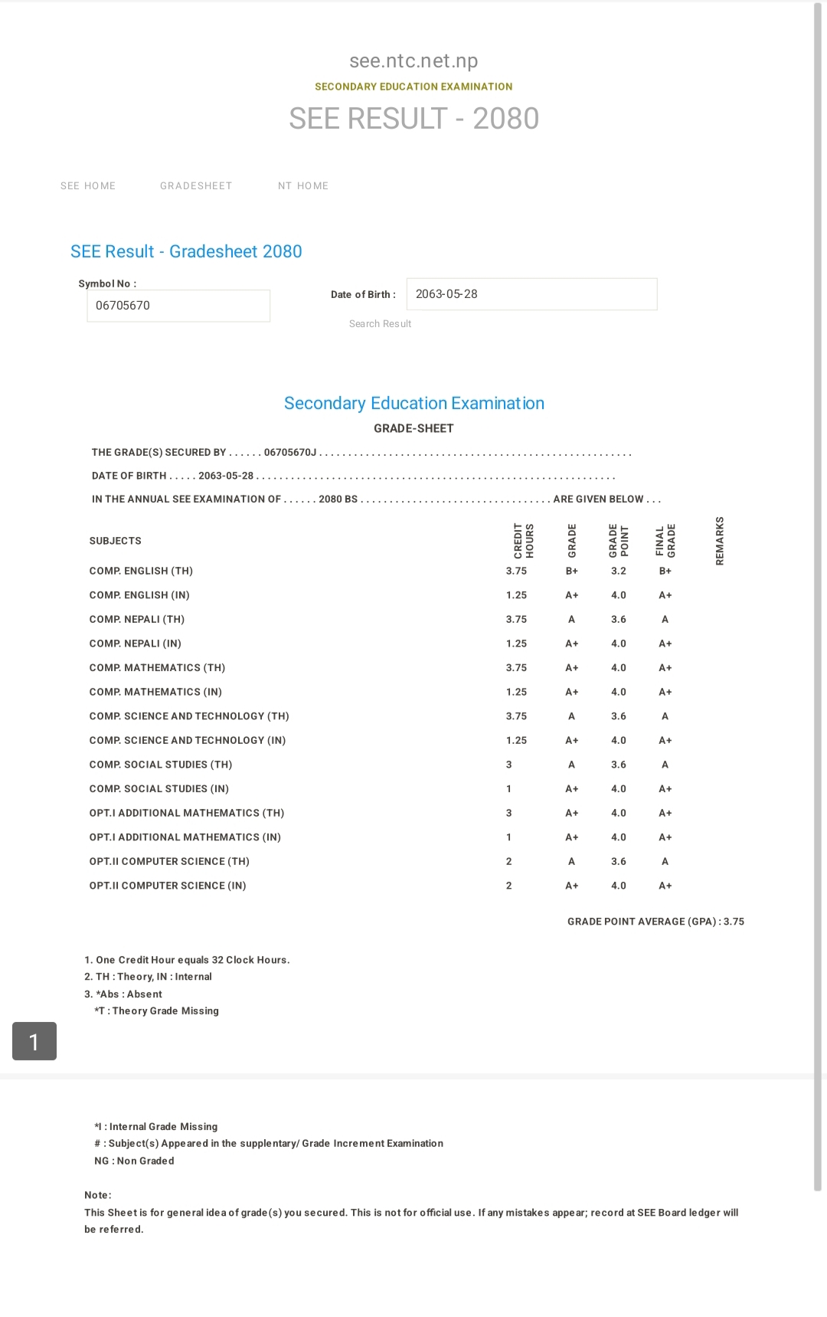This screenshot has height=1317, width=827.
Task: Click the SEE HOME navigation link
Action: click(88, 186)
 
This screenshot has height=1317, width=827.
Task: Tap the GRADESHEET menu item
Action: click(196, 186)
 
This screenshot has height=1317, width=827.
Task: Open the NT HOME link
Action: click(303, 186)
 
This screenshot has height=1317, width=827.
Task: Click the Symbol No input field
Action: click(178, 306)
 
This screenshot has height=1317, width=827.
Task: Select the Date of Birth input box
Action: click(531, 294)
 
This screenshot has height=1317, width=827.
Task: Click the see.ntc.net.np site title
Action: click(413, 61)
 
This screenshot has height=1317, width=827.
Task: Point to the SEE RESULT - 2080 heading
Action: click(413, 119)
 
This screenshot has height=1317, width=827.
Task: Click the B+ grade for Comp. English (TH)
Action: click(572, 571)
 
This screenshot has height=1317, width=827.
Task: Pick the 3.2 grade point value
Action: click(619, 571)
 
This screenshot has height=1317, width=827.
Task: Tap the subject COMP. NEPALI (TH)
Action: click(137, 619)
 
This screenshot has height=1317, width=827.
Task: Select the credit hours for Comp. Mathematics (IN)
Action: click(516, 692)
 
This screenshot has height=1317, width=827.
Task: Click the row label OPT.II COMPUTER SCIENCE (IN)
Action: click(168, 886)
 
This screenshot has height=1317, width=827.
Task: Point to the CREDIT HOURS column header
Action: click(524, 540)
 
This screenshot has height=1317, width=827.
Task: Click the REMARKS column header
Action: click(720, 540)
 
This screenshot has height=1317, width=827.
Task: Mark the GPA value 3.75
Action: click(734, 922)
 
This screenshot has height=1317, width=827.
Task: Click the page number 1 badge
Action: click(34, 1041)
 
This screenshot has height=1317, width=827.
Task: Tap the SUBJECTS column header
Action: click(116, 541)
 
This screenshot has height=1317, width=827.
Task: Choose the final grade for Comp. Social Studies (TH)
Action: click(665, 765)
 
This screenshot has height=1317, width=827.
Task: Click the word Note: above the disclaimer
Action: click(98, 1195)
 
